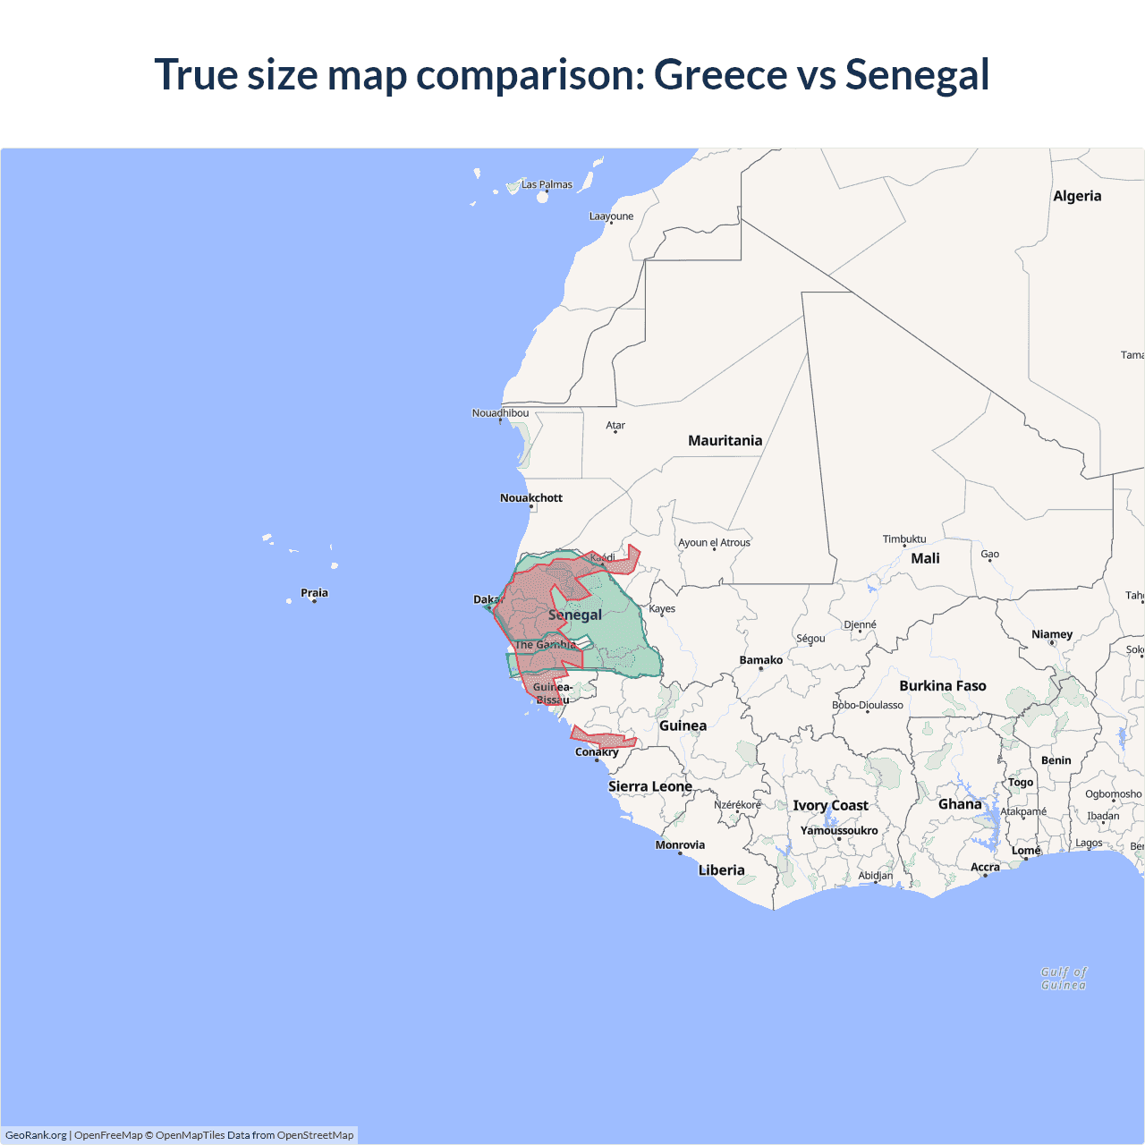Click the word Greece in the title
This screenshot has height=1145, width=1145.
[x=720, y=74]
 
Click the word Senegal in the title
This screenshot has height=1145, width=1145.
[x=917, y=74]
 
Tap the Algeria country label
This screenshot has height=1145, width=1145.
[x=1077, y=196]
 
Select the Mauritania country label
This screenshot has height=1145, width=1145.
[x=725, y=440]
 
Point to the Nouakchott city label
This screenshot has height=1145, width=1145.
[x=531, y=497]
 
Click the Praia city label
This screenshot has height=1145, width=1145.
[x=314, y=592]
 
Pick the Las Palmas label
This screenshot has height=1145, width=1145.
[x=547, y=184]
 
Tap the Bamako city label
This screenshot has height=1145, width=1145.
[x=760, y=660]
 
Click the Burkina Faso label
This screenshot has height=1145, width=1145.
[x=942, y=686]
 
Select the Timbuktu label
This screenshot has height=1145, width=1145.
[x=904, y=539]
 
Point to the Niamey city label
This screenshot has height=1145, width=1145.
[x=1051, y=634]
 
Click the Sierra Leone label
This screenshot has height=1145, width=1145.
[x=649, y=786]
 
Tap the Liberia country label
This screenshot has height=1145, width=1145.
[x=721, y=869]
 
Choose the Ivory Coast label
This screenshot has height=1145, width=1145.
[x=830, y=805]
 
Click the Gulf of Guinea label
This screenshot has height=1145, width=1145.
[x=1064, y=978]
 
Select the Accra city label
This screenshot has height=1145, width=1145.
[x=985, y=867]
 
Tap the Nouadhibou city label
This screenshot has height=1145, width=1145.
[x=500, y=412]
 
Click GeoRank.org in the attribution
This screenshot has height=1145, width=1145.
[x=36, y=1135]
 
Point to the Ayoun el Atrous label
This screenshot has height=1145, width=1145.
[x=714, y=542]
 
